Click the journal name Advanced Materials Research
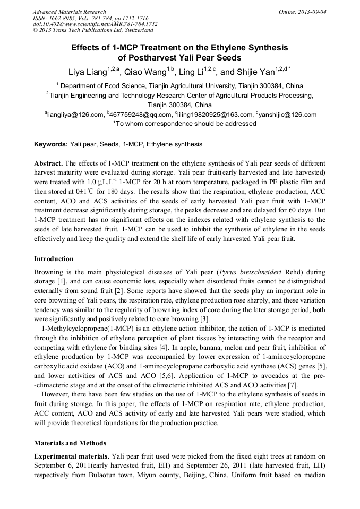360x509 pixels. point(69,12)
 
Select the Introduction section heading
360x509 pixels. point(54,259)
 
